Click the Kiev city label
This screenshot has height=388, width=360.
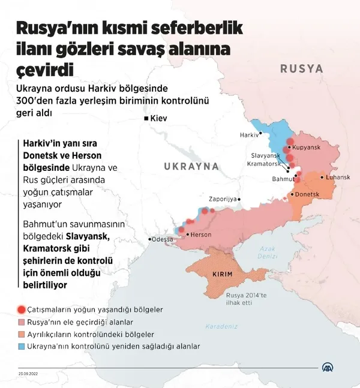click(159, 119)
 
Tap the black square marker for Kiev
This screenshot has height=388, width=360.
click(146, 119)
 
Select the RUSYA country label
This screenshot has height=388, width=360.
click(301, 68)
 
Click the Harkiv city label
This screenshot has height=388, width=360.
click(249, 136)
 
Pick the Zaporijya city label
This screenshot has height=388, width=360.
click(222, 199)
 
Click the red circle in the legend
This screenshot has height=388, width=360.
click(22, 310)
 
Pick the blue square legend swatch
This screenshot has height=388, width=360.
click(22, 346)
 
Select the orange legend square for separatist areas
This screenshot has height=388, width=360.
click(22, 334)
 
